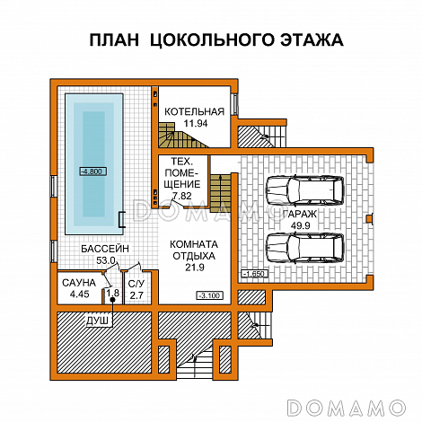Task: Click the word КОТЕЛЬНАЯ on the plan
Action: (194, 111)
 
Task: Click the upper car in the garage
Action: (305, 191)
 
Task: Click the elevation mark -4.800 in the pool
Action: (92, 171)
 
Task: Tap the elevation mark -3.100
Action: (208, 295)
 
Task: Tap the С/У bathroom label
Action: (136, 282)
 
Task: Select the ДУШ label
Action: (97, 320)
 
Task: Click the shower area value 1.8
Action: (112, 292)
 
